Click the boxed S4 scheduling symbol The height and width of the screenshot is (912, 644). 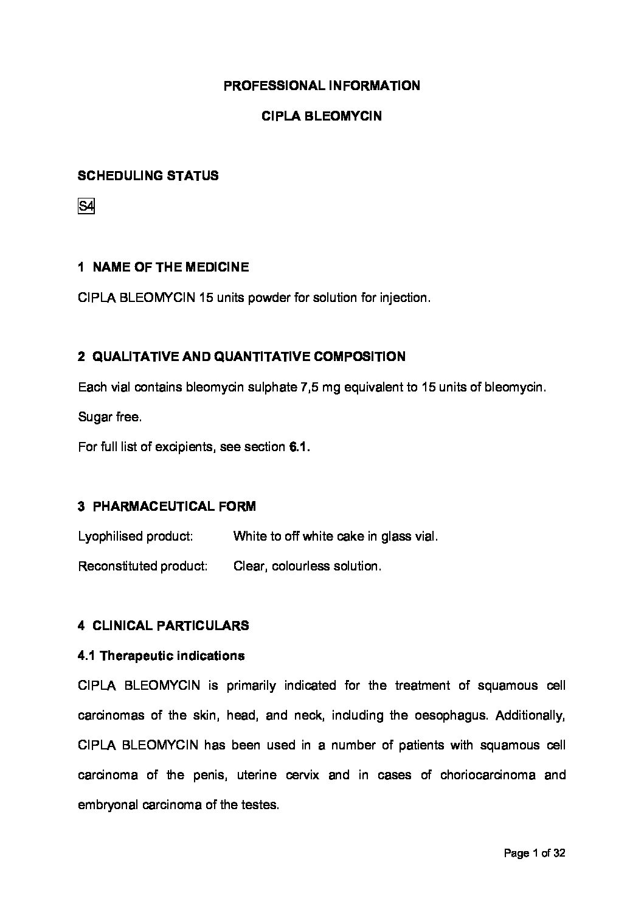[86, 207]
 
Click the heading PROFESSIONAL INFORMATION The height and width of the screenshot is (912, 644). [322, 86]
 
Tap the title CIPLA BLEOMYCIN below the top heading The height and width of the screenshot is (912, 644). [322, 116]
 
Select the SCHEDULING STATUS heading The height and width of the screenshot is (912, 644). [148, 176]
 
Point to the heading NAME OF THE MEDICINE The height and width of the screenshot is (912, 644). [170, 267]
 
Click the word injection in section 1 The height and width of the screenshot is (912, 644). [405, 298]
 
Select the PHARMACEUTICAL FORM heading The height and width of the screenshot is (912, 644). [174, 507]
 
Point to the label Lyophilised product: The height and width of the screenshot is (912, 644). [136, 536]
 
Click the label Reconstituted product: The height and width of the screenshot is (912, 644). [143, 566]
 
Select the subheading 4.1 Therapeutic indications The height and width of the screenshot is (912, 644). [161, 656]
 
